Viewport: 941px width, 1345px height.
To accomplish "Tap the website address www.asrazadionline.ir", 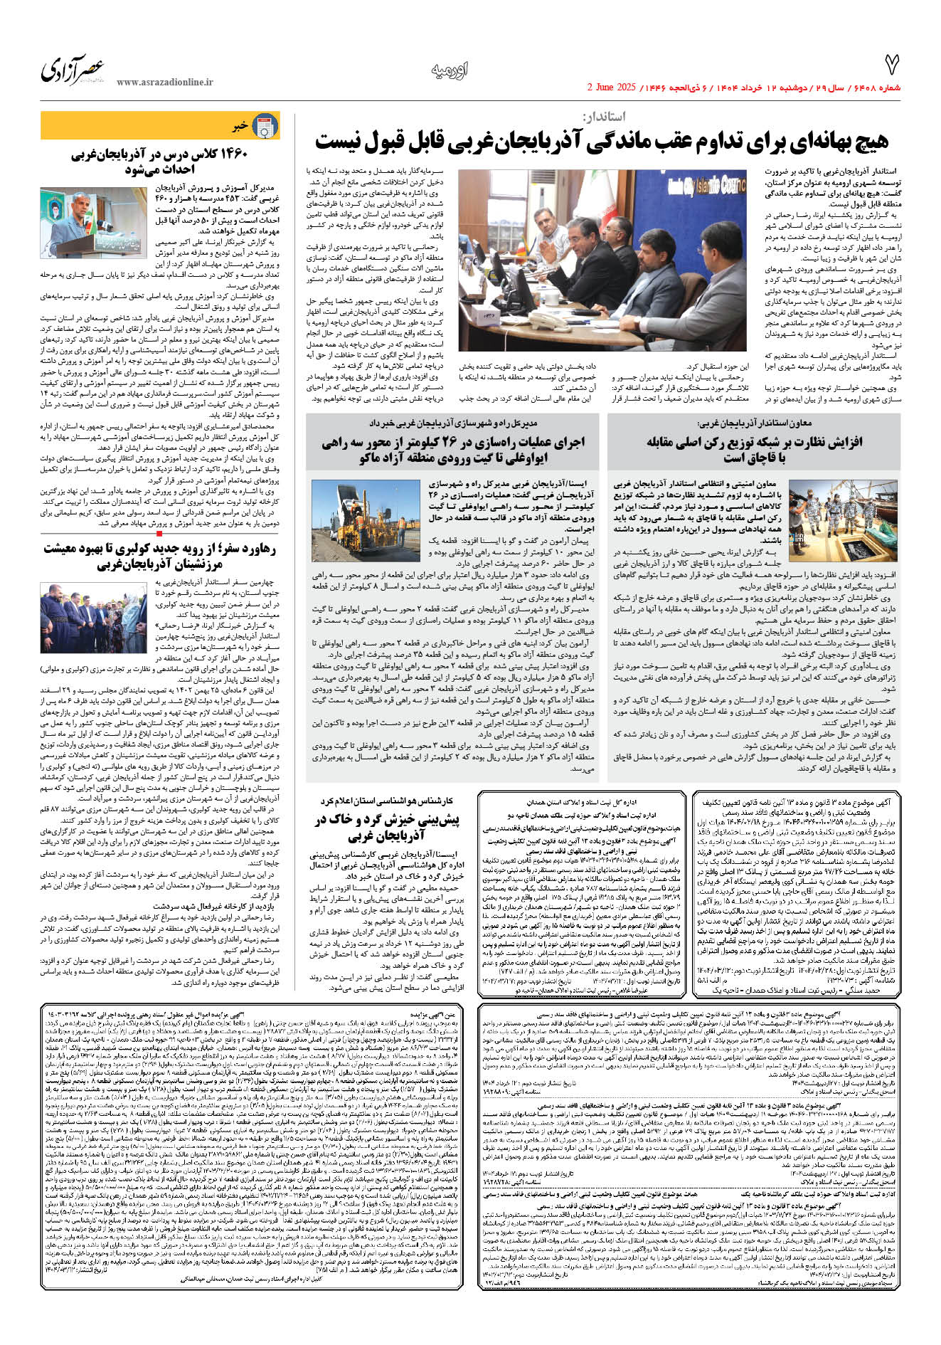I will click(164, 83).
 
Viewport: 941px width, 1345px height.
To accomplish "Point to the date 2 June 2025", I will click(610, 88).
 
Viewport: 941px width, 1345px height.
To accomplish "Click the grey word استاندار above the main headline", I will click(604, 117).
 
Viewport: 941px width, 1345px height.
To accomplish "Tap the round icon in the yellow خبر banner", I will click(265, 126).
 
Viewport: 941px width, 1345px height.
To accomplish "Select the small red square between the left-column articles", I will click(159, 532).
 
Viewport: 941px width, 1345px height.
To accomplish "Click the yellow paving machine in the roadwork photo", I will click(371, 518).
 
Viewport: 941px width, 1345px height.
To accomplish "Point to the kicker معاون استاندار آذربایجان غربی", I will click(755, 423).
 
